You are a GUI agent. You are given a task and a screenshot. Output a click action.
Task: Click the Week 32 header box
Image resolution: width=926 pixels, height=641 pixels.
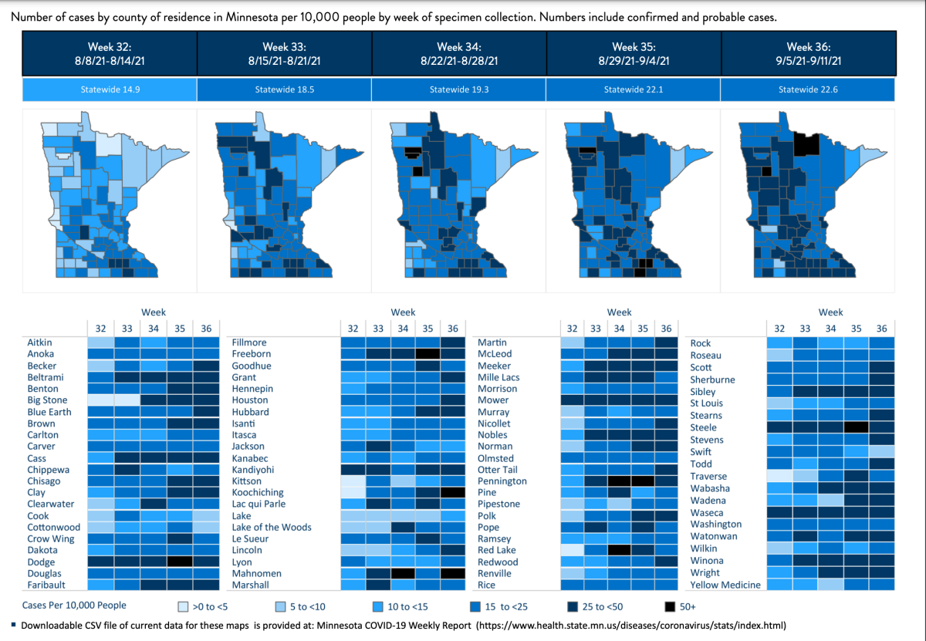(110, 53)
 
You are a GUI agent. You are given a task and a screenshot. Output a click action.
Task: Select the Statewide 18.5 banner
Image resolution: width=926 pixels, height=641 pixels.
(284, 89)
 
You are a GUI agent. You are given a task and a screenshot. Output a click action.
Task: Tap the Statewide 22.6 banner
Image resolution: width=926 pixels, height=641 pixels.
(807, 89)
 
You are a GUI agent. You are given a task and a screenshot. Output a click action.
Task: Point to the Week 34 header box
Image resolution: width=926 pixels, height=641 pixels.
(458, 53)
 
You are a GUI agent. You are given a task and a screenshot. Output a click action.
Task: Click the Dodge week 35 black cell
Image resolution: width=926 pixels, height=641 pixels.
(179, 562)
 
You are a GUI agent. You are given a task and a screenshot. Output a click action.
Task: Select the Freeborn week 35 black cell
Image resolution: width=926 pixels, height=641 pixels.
(428, 354)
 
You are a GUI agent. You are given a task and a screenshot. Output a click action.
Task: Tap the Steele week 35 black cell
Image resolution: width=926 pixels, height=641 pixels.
(856, 427)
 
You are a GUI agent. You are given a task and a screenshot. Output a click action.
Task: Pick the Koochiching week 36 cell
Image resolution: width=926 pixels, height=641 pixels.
(453, 493)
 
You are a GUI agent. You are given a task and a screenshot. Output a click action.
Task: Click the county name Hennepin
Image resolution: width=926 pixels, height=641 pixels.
(250, 389)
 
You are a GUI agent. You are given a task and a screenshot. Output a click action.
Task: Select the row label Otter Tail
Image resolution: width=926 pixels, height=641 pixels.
(498, 470)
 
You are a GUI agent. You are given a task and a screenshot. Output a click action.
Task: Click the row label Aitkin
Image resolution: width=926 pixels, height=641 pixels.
(40, 342)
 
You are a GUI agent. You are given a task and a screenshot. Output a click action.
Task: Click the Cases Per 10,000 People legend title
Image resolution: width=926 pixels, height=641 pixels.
(76, 606)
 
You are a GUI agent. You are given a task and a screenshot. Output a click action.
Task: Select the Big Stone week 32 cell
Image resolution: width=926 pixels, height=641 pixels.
(100, 400)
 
